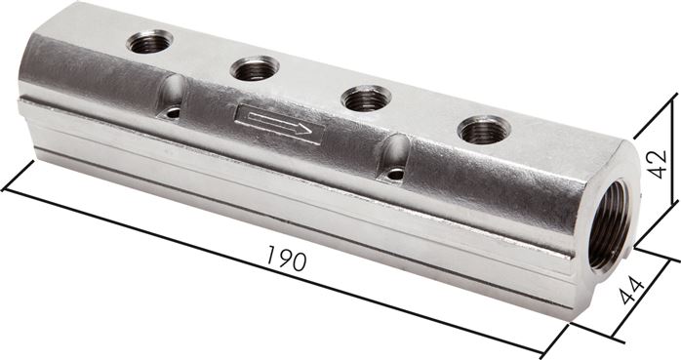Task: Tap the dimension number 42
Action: (x=657, y=164)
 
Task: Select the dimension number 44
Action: (x=632, y=291)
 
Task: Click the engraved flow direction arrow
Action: (x=280, y=124)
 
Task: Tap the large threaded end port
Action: (x=609, y=224)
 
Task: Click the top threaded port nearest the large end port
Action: (x=484, y=130)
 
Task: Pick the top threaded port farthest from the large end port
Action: (x=150, y=41)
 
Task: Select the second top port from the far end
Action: (x=255, y=68)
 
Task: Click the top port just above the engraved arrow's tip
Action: (x=367, y=99)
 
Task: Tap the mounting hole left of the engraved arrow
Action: (x=173, y=114)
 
